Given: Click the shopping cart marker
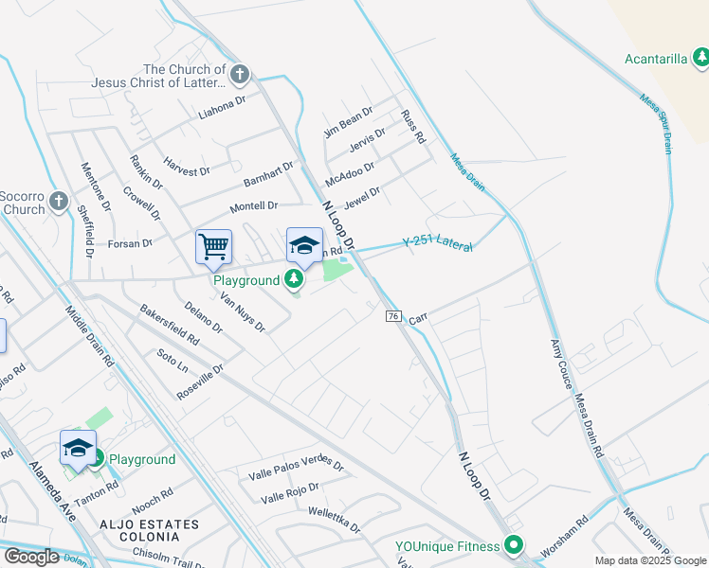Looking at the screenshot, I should (x=213, y=247).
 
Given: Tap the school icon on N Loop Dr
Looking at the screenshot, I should (x=304, y=246).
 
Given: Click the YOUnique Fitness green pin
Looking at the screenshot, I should (x=514, y=545).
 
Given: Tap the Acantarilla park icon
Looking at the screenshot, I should (x=700, y=59).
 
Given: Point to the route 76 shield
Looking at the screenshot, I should (x=391, y=315).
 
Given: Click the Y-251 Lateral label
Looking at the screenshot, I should (x=437, y=243).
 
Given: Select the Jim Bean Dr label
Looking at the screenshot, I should (x=349, y=124).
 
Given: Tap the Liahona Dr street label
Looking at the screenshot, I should (x=222, y=111).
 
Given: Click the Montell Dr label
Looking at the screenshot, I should (x=254, y=205).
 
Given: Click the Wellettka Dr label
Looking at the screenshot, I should (x=335, y=519).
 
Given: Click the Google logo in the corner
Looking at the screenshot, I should (x=31, y=557).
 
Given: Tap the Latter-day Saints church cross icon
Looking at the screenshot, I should (x=240, y=73).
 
